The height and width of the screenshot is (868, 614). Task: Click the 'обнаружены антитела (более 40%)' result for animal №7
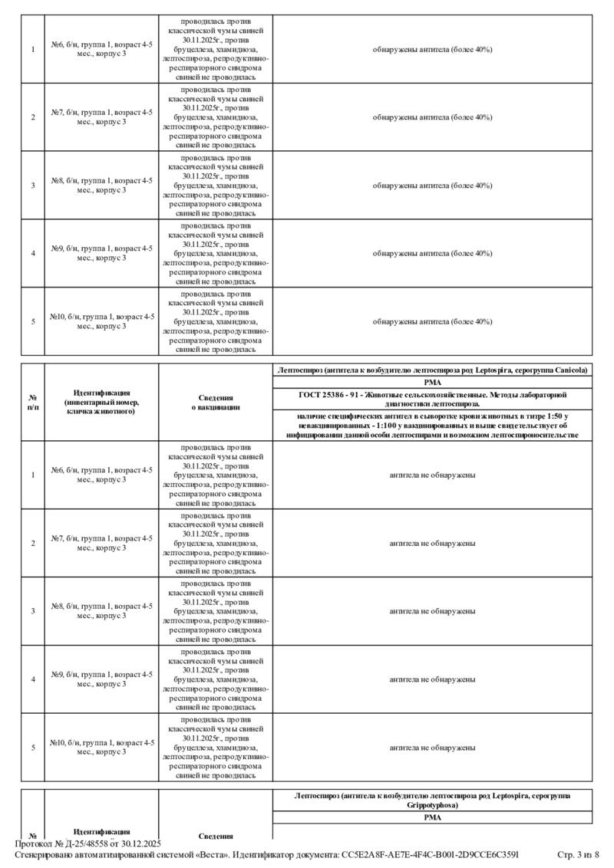pos(432,117)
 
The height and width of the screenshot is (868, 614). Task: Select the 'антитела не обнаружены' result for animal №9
pos(432,679)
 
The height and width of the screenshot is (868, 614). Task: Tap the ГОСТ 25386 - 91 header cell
pos(432,399)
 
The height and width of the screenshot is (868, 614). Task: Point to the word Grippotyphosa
pos(432,806)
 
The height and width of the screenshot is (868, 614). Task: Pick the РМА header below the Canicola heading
pos(432,382)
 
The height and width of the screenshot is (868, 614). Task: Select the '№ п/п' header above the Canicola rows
pos(33,403)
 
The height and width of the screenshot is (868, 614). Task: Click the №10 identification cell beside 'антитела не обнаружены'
pos(102,747)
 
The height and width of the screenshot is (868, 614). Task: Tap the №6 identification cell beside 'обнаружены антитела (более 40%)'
pos(102,49)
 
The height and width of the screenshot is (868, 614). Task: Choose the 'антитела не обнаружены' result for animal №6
pos(432,475)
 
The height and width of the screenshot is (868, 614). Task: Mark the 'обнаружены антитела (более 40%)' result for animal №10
pos(432,321)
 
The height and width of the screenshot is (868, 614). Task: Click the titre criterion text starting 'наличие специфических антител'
pos(432,424)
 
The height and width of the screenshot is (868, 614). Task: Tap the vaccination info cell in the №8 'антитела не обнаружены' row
pos(216,611)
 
